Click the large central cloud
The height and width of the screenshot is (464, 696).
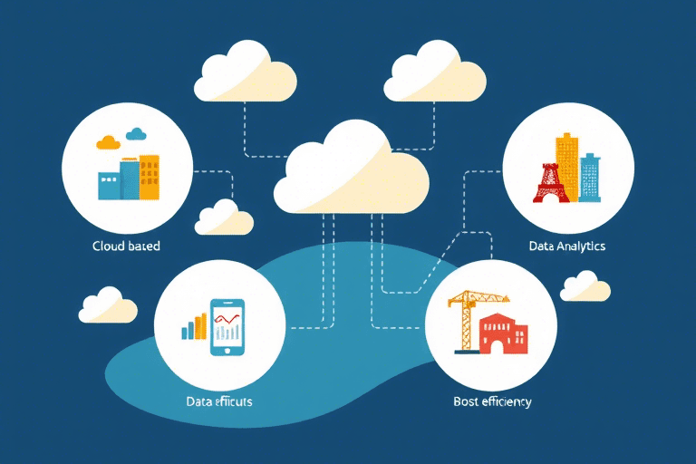tap(354, 170)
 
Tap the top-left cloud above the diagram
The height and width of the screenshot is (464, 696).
tap(246, 73)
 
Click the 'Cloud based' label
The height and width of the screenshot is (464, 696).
tap(126, 246)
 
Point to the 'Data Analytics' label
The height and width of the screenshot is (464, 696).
tap(567, 246)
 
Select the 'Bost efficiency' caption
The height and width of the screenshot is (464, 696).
tap(492, 401)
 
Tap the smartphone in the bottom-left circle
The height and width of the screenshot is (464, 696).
tap(228, 327)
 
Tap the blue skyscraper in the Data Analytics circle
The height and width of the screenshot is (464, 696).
tap(590, 178)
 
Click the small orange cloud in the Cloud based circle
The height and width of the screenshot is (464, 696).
tap(108, 141)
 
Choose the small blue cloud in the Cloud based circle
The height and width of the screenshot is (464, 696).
tap(137, 135)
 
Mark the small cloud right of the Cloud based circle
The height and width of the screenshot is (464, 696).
tap(224, 217)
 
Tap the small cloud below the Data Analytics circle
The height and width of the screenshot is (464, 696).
tap(585, 286)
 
